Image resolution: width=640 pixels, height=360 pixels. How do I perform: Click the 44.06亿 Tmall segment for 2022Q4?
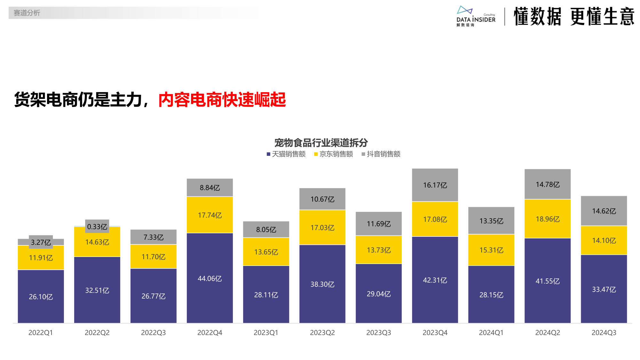click(x=210, y=278)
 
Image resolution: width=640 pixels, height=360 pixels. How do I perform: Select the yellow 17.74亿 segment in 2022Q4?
click(x=210, y=215)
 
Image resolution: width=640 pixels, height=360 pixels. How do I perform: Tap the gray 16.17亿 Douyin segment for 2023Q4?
click(x=435, y=185)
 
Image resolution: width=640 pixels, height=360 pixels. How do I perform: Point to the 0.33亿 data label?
click(x=97, y=227)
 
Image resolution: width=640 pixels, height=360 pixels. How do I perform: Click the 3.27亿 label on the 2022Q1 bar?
click(x=41, y=242)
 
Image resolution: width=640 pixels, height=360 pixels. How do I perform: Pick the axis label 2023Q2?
click(x=322, y=332)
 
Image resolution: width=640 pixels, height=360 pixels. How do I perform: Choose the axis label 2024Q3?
click(x=604, y=332)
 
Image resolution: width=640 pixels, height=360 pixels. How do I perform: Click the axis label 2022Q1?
click(x=41, y=332)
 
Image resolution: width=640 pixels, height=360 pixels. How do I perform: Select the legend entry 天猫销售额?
click(x=286, y=154)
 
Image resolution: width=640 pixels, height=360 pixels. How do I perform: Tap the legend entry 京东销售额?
click(x=334, y=154)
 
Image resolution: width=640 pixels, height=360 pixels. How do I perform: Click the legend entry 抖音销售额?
click(x=381, y=154)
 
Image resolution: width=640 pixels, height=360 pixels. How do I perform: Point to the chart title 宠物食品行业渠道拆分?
click(x=321, y=142)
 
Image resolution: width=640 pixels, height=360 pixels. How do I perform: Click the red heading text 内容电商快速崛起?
click(x=222, y=100)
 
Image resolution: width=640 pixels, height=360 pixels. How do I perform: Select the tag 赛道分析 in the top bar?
click(x=27, y=13)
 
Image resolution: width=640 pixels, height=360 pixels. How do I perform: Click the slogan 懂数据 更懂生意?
click(x=574, y=17)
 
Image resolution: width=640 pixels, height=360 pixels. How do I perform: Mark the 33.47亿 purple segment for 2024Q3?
click(x=604, y=289)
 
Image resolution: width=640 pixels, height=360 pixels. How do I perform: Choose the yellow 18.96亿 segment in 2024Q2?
click(x=548, y=219)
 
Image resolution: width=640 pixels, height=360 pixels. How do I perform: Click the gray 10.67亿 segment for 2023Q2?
click(x=322, y=199)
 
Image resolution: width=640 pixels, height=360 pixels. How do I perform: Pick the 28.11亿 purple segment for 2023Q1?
click(x=266, y=295)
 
